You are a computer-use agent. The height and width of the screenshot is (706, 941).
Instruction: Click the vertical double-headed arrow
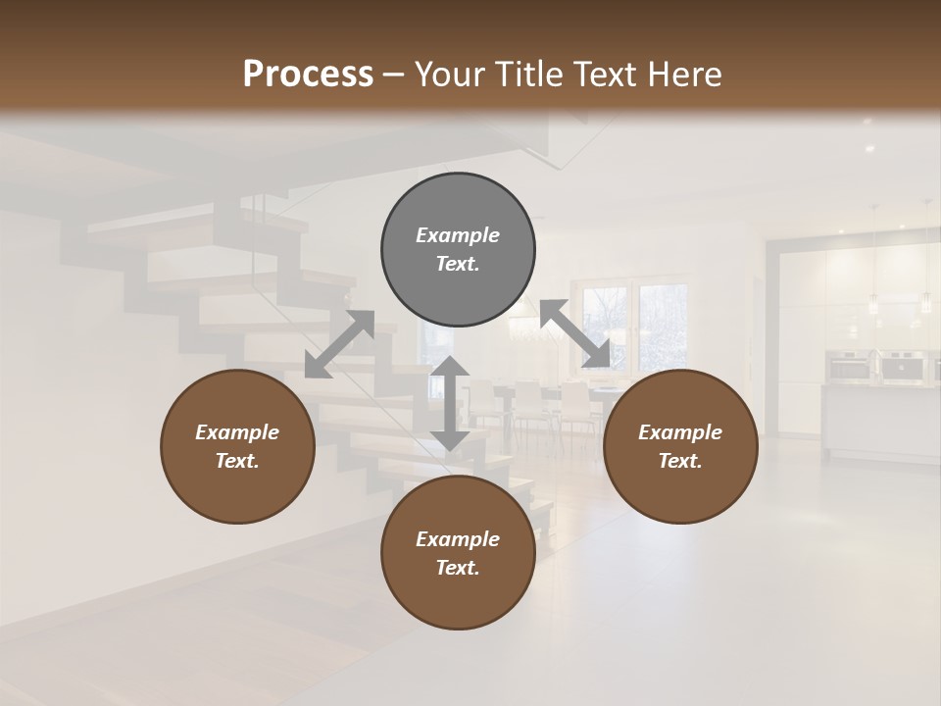pos(450,403)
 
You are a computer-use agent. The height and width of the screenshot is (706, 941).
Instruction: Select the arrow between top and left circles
pos(339,344)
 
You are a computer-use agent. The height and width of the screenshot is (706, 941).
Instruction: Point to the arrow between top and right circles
pos(574,333)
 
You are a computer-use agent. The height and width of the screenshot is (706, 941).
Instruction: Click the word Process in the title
pos(308,74)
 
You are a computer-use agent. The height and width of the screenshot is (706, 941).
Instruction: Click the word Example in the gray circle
pos(458,235)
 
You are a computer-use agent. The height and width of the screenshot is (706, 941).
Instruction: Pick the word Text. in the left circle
pos(237,461)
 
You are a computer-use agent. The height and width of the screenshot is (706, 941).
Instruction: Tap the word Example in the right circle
pos(680,432)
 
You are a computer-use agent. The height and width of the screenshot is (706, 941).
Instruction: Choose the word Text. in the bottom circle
pos(458,568)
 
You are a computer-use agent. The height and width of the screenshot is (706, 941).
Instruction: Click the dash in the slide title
pos(394,75)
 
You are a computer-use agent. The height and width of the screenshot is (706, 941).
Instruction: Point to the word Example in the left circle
pos(237,432)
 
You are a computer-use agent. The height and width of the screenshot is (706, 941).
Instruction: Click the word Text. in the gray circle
pos(458,264)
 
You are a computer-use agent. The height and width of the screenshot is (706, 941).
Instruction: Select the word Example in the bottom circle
pos(458,539)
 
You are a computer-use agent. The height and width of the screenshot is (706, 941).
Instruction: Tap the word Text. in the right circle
pos(680,461)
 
